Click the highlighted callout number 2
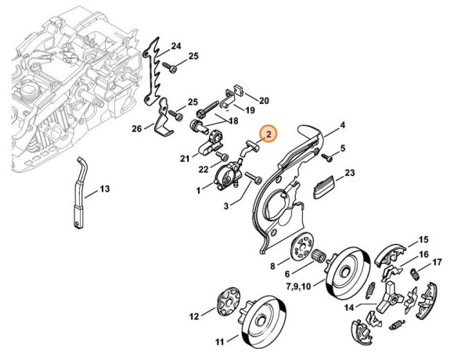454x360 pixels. point(268,135)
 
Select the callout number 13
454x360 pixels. point(104,189)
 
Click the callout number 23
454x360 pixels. point(349,172)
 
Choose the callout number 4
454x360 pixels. point(341,124)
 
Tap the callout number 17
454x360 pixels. point(437,261)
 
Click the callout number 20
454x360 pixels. point(263,99)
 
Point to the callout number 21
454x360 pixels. point(185,159)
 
